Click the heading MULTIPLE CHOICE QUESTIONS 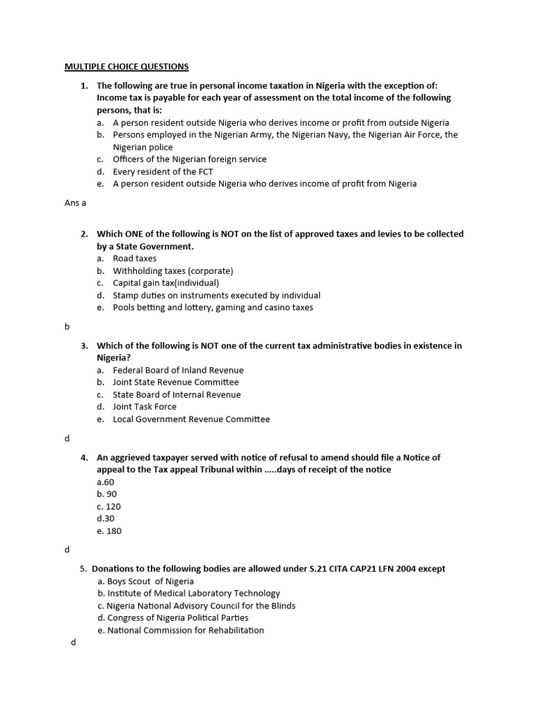click(x=127, y=67)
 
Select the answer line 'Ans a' click(x=74, y=203)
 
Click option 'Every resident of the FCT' click(x=163, y=172)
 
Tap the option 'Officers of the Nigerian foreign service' click(x=189, y=159)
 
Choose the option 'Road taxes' click(x=134, y=259)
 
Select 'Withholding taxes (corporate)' click(x=172, y=270)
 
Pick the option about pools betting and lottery click(x=213, y=307)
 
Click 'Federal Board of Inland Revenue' click(x=178, y=370)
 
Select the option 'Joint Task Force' click(x=145, y=407)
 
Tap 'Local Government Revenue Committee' click(x=191, y=419)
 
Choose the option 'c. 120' click(x=109, y=507)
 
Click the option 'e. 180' click(x=109, y=531)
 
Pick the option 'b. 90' click(x=107, y=494)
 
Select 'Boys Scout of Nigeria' click(x=150, y=581)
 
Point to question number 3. click(x=84, y=346)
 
